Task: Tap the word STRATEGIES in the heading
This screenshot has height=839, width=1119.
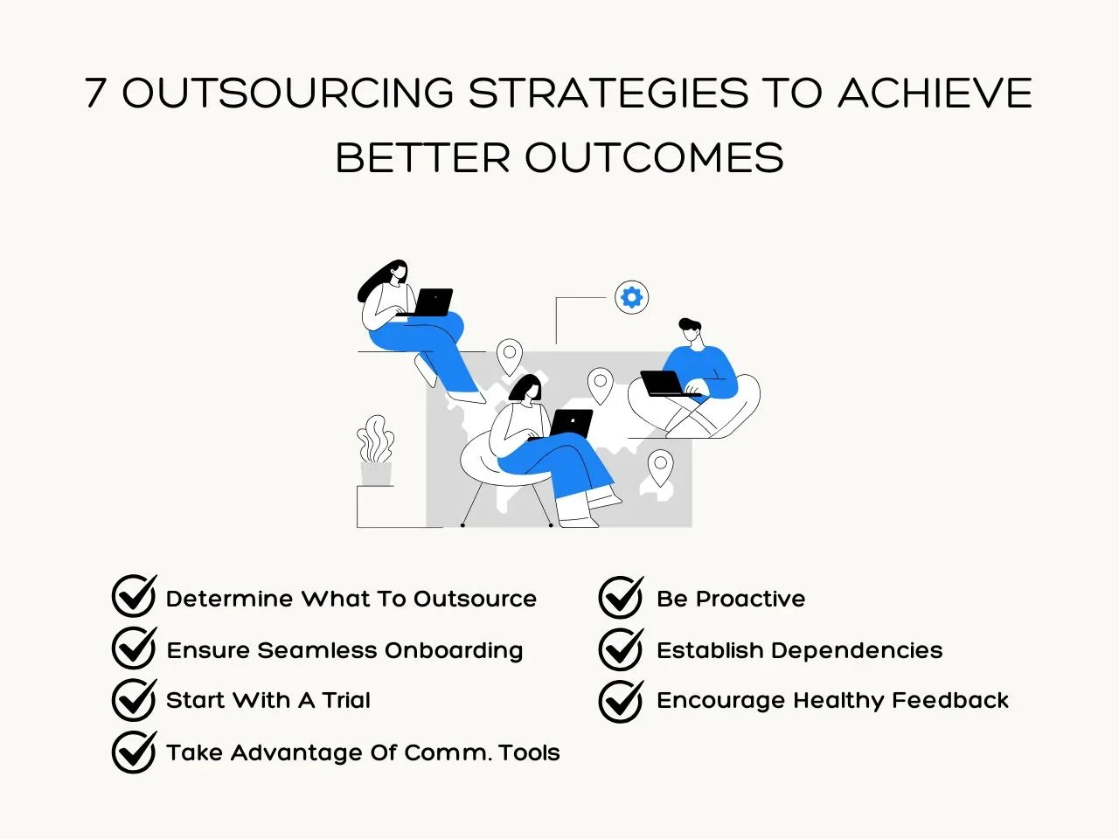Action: point(608,93)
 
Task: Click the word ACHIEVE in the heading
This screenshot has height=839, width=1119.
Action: point(935,93)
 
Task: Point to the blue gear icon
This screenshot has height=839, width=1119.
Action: point(632,297)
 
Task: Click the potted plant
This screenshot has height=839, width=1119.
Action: point(376,450)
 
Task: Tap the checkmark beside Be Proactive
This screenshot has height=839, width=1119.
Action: point(622,597)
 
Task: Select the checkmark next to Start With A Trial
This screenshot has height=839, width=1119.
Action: point(135,699)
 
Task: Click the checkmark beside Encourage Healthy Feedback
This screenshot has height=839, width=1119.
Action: point(622,701)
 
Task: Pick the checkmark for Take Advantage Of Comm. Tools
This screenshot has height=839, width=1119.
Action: point(135,752)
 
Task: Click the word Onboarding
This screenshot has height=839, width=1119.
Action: point(454,651)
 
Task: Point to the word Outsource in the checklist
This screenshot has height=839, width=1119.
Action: point(475,599)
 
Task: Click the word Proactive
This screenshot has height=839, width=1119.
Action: point(750,599)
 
